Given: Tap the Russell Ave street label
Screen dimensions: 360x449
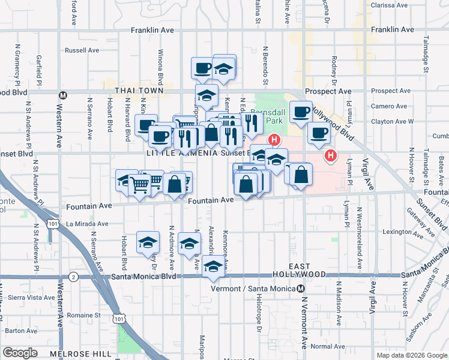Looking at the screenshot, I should (x=82, y=50).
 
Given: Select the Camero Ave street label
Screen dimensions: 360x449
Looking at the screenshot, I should (x=388, y=106).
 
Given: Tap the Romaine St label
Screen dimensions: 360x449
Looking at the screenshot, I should (x=82, y=314).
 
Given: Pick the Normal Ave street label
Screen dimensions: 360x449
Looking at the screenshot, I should (x=328, y=346).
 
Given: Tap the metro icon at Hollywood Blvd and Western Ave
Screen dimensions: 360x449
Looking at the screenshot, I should (x=62, y=95).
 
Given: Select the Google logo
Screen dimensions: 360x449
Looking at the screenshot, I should (x=20, y=353).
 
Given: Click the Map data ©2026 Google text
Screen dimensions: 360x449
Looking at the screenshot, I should (x=411, y=355).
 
